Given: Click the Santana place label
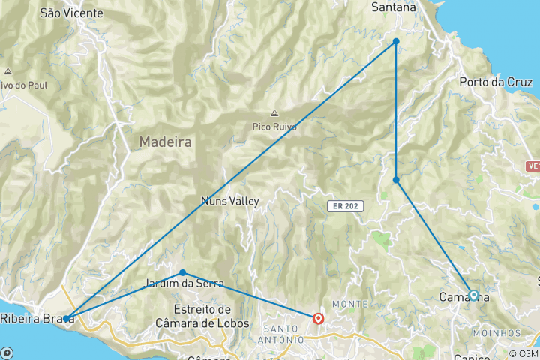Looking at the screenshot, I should [x=394, y=7].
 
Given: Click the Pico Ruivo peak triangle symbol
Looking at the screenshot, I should [x=274, y=114].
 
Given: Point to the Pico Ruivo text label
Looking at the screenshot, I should [x=274, y=127].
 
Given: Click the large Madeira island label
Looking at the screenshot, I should [x=165, y=142].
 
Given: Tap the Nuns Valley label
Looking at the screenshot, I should [x=230, y=201].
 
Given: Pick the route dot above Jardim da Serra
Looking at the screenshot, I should [x=183, y=272].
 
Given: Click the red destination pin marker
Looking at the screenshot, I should [x=318, y=318].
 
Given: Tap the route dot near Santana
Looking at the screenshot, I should [x=396, y=41].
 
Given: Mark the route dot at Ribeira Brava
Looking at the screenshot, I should [x=66, y=319].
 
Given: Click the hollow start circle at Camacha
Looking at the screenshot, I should [x=473, y=295].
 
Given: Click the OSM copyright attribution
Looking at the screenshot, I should [x=523, y=353].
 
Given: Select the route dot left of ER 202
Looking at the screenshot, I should [x=396, y=180].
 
